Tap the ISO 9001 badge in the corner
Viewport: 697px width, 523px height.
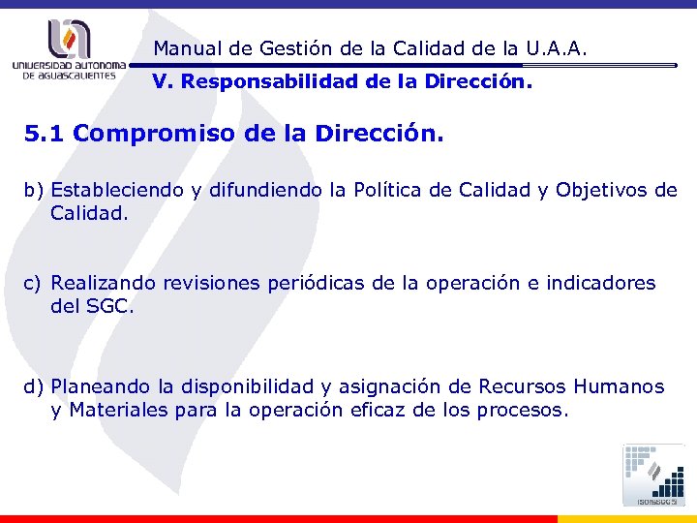point(652,475)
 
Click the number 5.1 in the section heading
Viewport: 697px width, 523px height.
point(45,134)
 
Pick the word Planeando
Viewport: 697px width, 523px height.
point(102,387)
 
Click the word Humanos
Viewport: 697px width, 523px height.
point(619,387)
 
